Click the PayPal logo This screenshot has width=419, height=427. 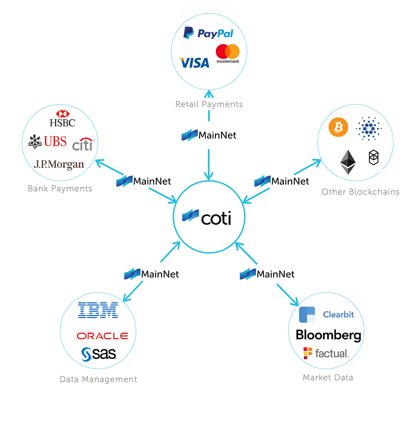[x=208, y=33]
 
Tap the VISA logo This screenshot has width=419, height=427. [x=194, y=63]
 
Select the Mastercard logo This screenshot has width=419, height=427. [x=228, y=53]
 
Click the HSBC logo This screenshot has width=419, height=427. [x=63, y=119]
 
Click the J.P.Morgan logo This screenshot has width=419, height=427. [x=59, y=164]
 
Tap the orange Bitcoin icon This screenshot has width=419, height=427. [x=338, y=127]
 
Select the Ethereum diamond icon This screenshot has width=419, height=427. [x=348, y=162]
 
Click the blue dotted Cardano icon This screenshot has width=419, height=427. [x=369, y=129]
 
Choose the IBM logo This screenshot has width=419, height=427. [x=98, y=310]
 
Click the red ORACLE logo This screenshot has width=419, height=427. [x=102, y=336]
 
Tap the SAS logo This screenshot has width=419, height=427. [x=99, y=354]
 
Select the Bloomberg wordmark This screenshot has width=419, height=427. [x=328, y=335]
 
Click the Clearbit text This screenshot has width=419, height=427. [x=338, y=314]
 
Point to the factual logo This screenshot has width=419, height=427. [x=326, y=353]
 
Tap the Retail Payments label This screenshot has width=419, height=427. [x=209, y=104]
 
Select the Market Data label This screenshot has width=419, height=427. [x=328, y=377]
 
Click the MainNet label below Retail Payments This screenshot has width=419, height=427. [x=209, y=135]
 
